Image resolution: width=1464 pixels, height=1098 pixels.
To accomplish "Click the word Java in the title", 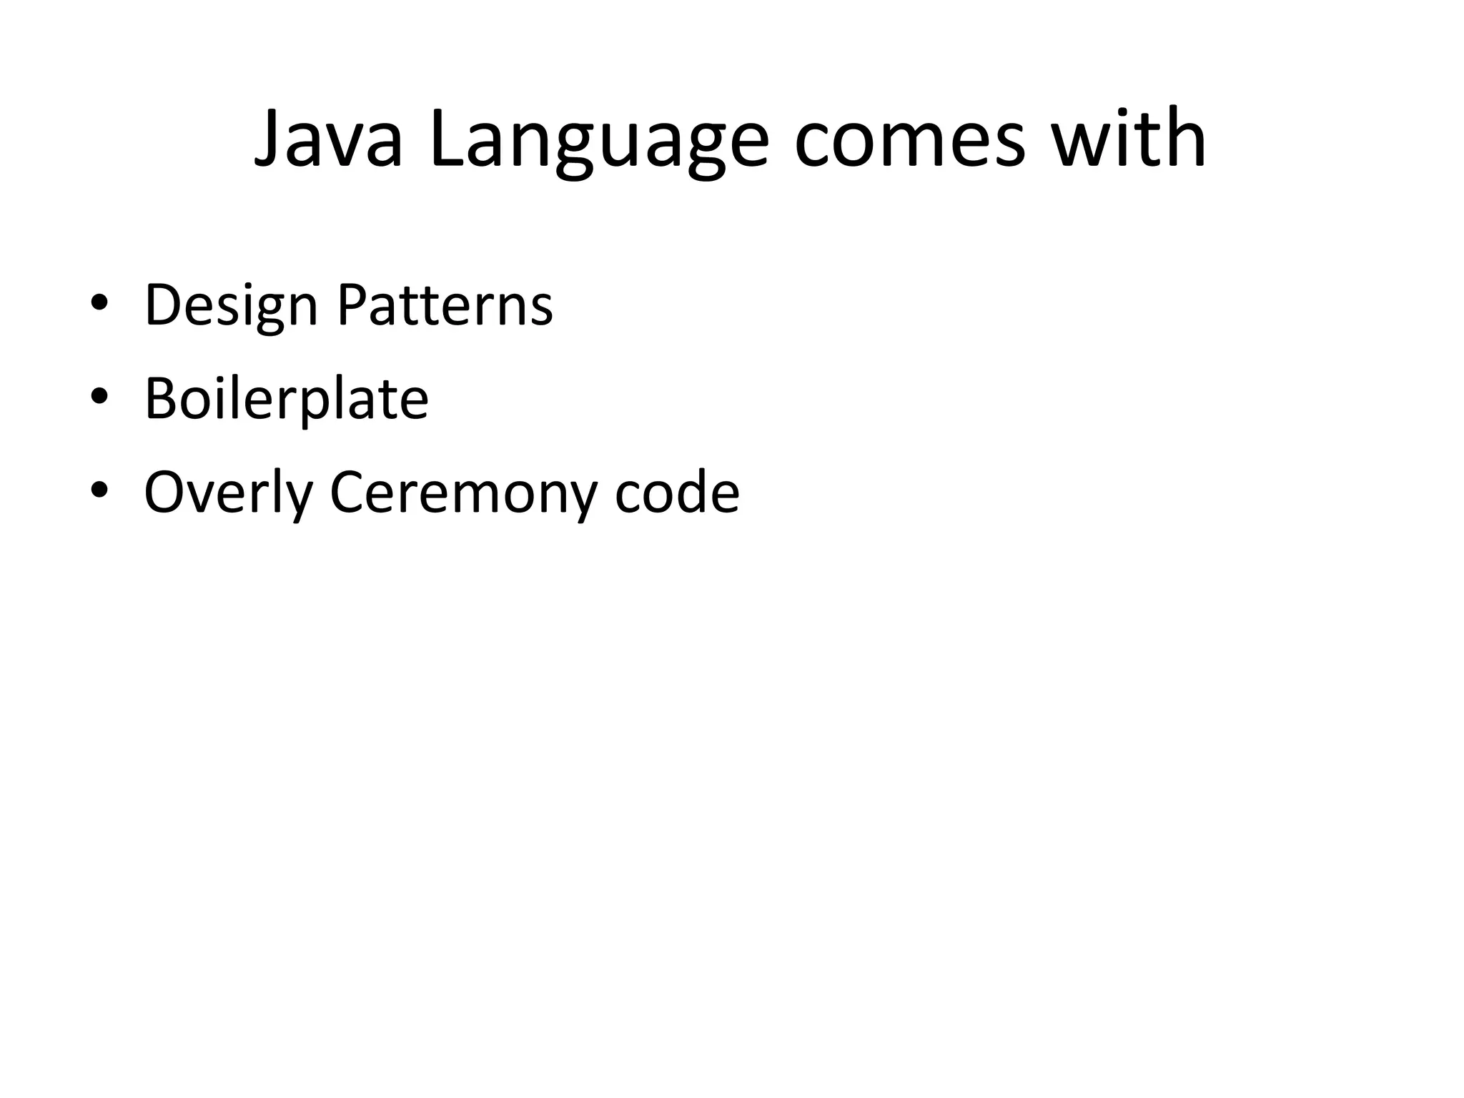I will [x=328, y=139].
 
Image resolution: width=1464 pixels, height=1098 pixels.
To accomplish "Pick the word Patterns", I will [x=445, y=305].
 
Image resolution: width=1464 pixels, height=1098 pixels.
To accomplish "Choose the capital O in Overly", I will [x=164, y=493].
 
